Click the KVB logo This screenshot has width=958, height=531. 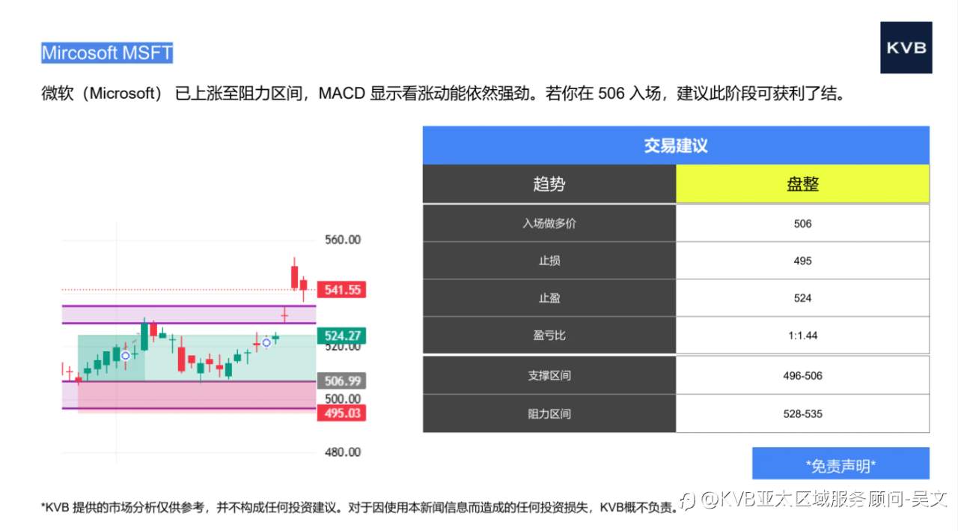click(x=906, y=48)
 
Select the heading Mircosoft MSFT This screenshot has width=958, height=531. click(x=107, y=53)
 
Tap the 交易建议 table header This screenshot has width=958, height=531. click(x=675, y=145)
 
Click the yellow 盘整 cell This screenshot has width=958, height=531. click(x=802, y=184)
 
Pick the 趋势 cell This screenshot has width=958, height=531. click(x=549, y=184)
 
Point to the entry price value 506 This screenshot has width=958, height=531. click(x=802, y=223)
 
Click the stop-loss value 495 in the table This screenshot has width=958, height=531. click(x=802, y=261)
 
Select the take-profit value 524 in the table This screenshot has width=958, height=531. click(x=802, y=298)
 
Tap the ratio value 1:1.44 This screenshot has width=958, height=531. click(x=802, y=336)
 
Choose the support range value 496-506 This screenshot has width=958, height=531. click(x=802, y=376)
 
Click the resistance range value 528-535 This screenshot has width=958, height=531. click(x=802, y=413)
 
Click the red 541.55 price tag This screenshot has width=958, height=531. click(x=342, y=290)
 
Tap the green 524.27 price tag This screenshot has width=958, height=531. click(x=342, y=336)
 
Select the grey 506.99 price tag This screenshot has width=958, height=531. click(x=342, y=381)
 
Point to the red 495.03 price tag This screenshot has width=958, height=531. click(x=342, y=413)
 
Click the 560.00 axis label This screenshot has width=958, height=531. click(x=343, y=240)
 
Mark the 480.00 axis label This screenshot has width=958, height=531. click(x=343, y=452)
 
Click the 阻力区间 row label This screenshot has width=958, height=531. click(x=549, y=413)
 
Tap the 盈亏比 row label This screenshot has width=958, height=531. click(x=549, y=336)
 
